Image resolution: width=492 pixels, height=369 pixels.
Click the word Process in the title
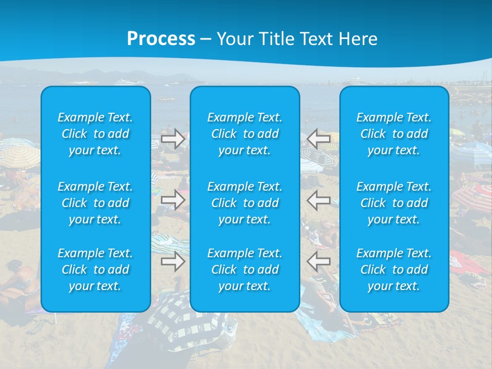[x=161, y=39]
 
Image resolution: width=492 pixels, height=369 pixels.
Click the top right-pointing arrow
[x=173, y=139]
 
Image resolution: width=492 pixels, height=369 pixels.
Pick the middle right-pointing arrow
[x=173, y=200]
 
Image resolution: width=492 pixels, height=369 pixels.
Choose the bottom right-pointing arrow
[x=173, y=261]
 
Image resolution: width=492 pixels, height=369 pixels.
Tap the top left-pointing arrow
[x=319, y=139]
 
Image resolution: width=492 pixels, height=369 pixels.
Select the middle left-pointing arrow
[x=319, y=200]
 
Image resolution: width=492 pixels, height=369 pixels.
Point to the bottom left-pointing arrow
[x=319, y=261]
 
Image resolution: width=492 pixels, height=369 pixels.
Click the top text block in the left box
[x=95, y=134]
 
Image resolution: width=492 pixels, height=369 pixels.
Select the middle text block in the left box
[x=95, y=203]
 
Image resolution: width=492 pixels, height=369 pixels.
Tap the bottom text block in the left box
[x=95, y=270]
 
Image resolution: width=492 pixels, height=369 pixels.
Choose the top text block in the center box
[x=245, y=134]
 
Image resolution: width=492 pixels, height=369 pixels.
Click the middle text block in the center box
[x=245, y=203]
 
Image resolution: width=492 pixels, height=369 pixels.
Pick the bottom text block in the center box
[x=245, y=270]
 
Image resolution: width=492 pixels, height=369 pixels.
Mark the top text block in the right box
[x=394, y=134]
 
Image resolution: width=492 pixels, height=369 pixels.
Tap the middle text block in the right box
[x=394, y=203]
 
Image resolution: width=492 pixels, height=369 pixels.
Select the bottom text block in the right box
[x=394, y=270]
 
